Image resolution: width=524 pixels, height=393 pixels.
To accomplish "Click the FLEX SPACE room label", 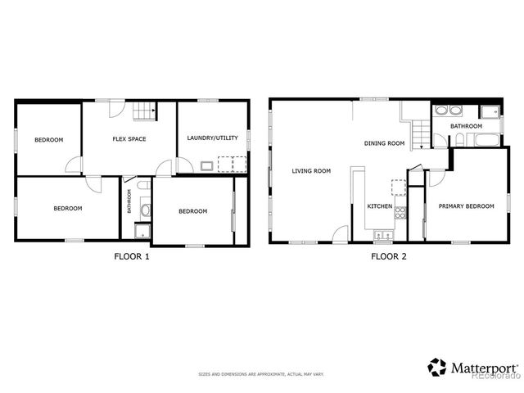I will tap(129, 139).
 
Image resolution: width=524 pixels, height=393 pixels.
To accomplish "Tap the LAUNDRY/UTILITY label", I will tap(211, 138).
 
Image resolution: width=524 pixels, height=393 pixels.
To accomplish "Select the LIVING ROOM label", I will tap(311, 171).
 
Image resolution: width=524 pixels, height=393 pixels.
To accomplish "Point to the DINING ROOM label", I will tap(385, 143).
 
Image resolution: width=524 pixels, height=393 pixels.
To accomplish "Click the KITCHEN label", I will tap(379, 206).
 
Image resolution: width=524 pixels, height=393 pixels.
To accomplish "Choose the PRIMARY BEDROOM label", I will tap(466, 206).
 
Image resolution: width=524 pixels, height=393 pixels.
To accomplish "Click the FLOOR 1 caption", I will tap(131, 256).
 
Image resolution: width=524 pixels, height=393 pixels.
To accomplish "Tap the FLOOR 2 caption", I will tap(389, 256).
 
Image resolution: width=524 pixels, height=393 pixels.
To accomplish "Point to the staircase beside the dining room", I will tap(418, 133).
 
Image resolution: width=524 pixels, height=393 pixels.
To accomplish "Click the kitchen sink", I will tap(382, 236).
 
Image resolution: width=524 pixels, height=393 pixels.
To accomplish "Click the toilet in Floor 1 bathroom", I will tap(146, 210).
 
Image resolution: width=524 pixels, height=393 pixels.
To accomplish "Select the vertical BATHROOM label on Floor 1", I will tap(129, 201).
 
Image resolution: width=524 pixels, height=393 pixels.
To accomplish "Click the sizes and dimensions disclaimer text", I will tap(261, 374).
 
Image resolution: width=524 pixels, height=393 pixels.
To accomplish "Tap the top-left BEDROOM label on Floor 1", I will tap(48, 140).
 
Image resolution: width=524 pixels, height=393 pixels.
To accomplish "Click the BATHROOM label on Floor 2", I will tap(466, 126).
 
